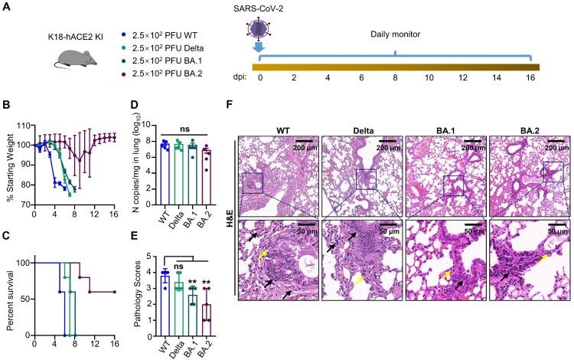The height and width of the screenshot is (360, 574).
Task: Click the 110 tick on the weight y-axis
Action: (22, 125)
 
